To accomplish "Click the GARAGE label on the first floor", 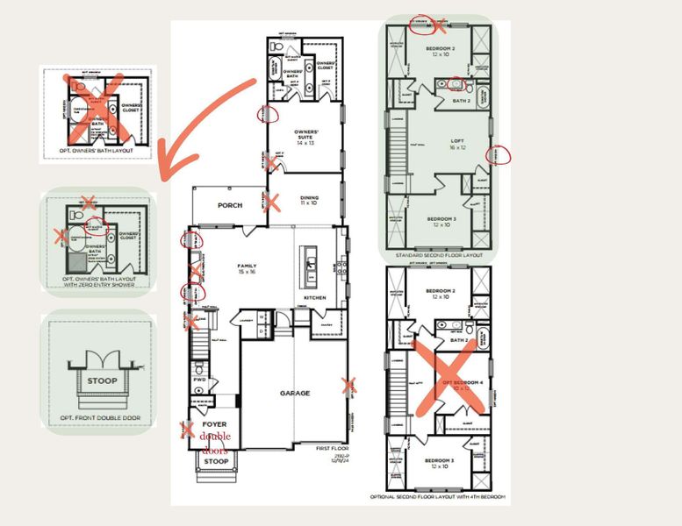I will click(294, 393).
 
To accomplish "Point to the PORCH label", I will click(229, 205).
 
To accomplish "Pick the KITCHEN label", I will click(314, 297).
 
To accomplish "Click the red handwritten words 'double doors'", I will click(215, 443).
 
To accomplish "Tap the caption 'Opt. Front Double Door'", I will click(101, 417).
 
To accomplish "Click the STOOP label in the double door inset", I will click(101, 380).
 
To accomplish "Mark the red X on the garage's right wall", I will click(350, 384).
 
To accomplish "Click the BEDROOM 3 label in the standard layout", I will click(436, 220).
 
